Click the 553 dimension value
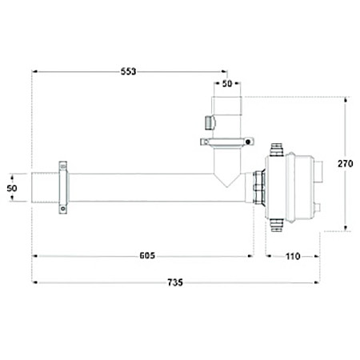128,71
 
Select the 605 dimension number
147,255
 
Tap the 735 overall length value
175,282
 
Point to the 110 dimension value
293,256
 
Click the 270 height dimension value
346,163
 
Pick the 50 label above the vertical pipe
227,83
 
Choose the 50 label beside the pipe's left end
12,188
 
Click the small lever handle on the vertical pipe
210,122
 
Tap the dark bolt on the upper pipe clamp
248,142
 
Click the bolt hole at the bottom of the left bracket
63,209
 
